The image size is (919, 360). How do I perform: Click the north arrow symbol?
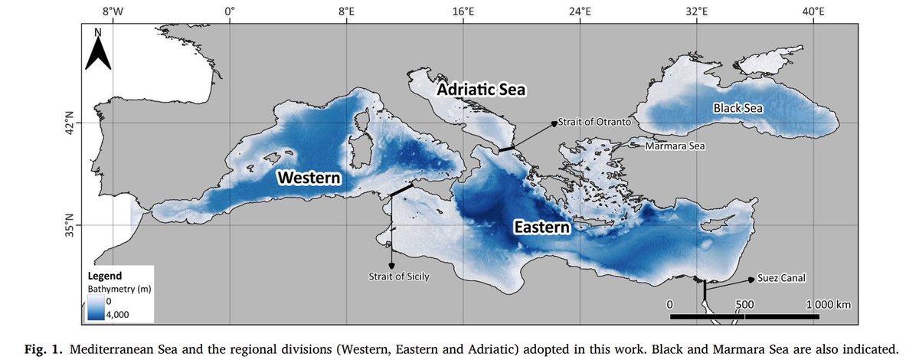point(98,50)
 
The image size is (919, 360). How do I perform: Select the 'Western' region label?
point(309,178)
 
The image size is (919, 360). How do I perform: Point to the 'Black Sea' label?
point(738,108)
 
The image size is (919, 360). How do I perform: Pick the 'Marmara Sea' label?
point(674,146)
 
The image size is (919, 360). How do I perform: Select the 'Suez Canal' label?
point(783,278)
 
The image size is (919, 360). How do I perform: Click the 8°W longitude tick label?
point(112,11)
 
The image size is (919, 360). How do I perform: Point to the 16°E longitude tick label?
point(463,11)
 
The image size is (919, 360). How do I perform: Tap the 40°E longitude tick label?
point(813,11)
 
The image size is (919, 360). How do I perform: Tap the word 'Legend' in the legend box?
point(103,276)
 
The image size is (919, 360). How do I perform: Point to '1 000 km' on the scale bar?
point(828,304)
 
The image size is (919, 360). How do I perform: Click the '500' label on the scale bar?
point(744,304)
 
